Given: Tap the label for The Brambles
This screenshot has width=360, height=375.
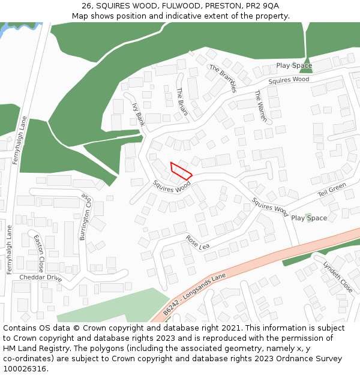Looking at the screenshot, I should click(223, 79).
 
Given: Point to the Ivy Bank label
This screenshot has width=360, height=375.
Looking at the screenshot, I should click(138, 113).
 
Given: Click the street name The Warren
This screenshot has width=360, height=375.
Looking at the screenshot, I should click(261, 106).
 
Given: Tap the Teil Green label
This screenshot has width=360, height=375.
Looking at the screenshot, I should click(332, 190).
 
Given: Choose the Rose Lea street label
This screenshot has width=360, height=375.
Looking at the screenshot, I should click(197, 242).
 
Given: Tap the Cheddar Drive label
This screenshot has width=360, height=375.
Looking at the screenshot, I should click(41, 278).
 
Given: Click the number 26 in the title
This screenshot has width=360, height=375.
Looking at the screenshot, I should click(87, 6).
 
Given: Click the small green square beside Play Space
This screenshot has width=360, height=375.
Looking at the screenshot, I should click(308, 215).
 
